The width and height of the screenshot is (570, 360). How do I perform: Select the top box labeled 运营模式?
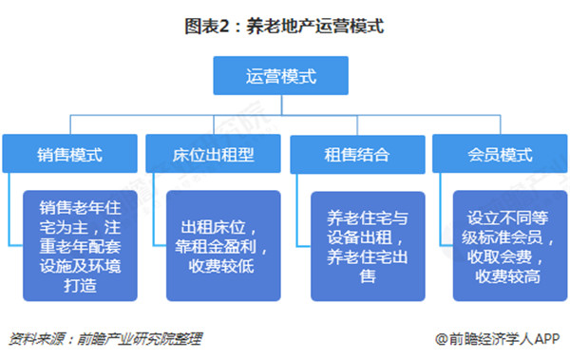click(x=284, y=76)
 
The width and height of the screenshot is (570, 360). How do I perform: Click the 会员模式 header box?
click(x=501, y=153)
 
